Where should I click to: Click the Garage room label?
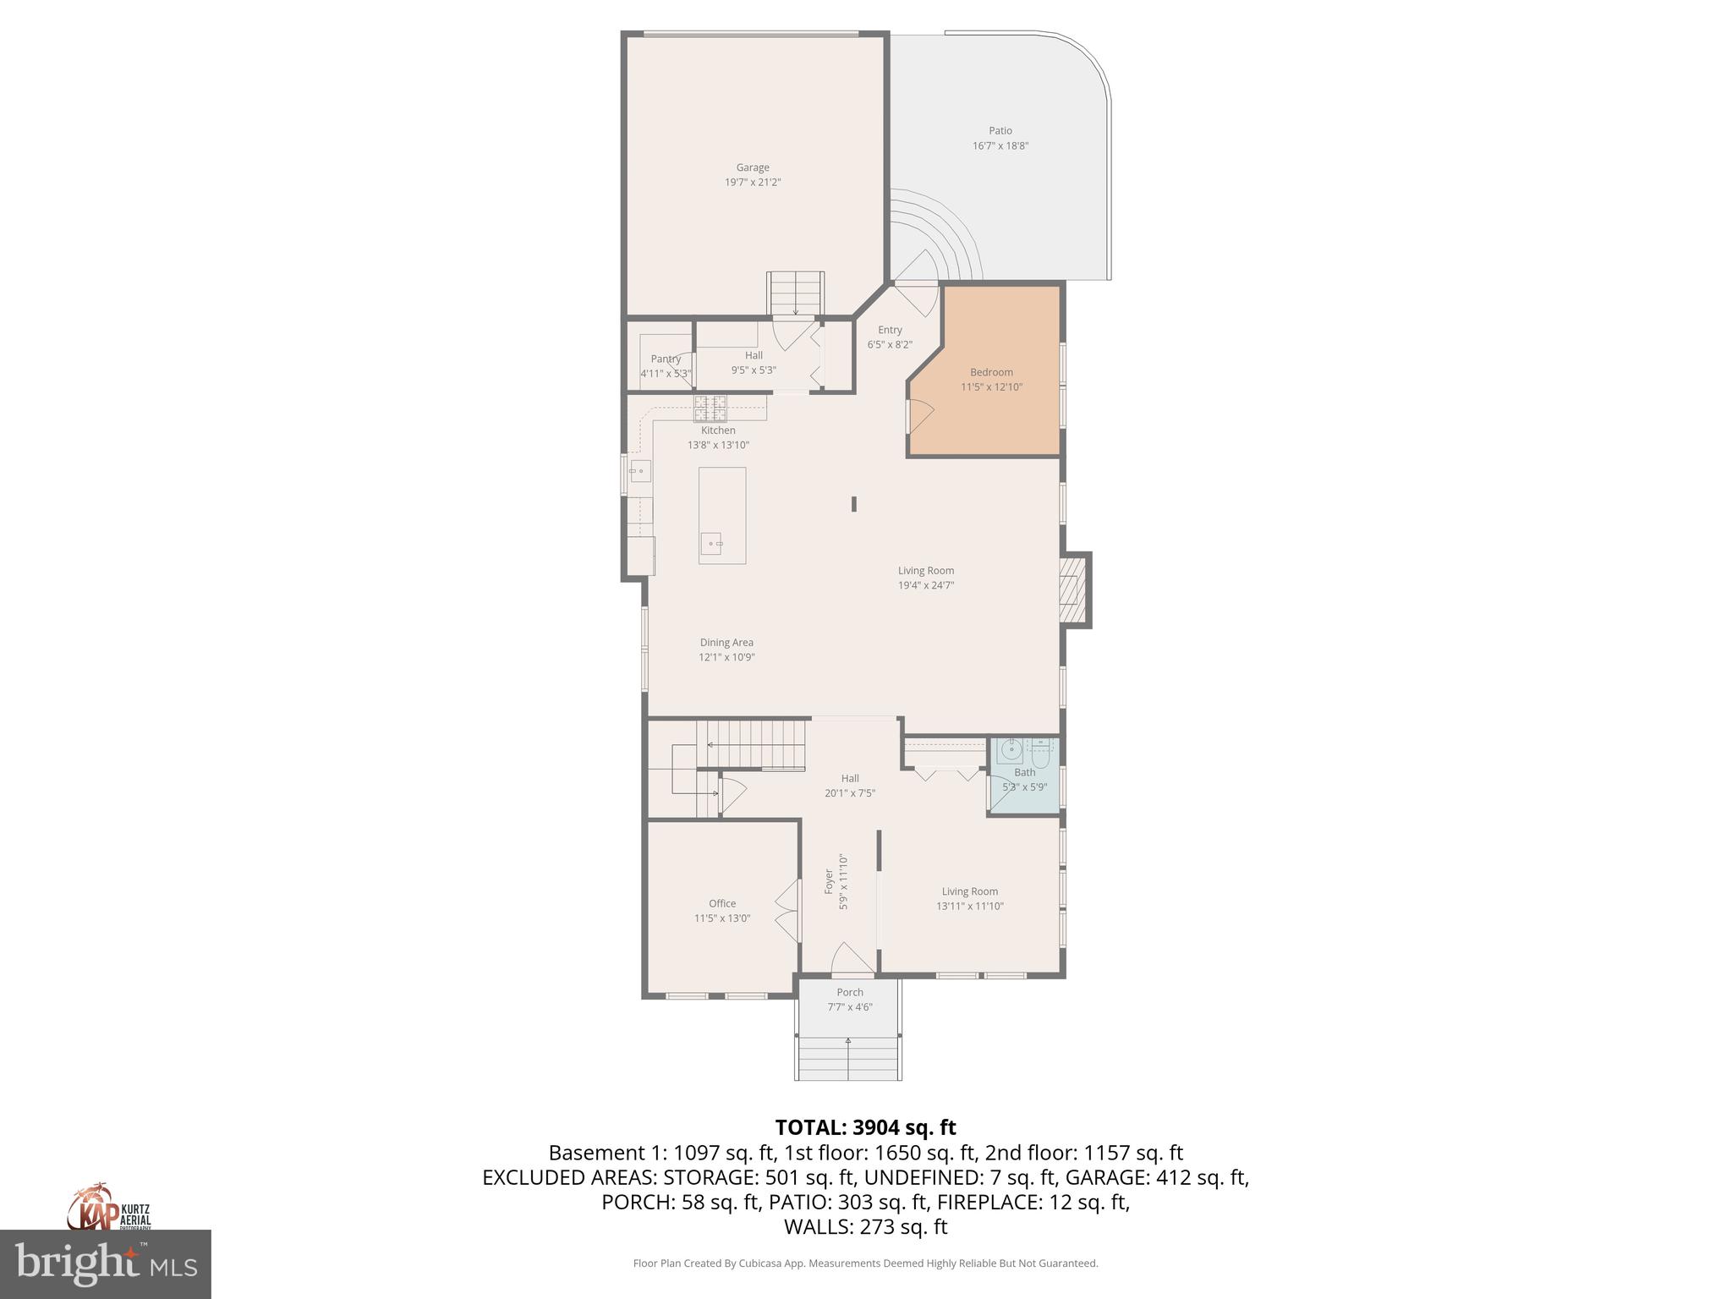click(752, 167)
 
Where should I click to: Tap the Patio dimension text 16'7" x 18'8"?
click(1000, 145)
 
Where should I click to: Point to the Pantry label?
click(666, 359)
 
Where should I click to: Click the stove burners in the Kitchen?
click(710, 408)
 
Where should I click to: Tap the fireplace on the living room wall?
click(1073, 589)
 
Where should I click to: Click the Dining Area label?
click(726, 642)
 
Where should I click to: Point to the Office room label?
click(722, 903)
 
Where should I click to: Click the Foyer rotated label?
click(830, 881)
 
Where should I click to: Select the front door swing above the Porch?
click(852, 957)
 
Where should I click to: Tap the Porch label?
click(850, 992)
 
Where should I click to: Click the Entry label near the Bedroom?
click(890, 330)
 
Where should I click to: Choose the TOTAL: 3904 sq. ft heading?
click(865, 1127)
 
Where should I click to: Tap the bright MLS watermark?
click(106, 1263)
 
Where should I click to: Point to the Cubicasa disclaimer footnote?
click(865, 1263)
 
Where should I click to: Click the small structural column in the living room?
click(854, 503)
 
